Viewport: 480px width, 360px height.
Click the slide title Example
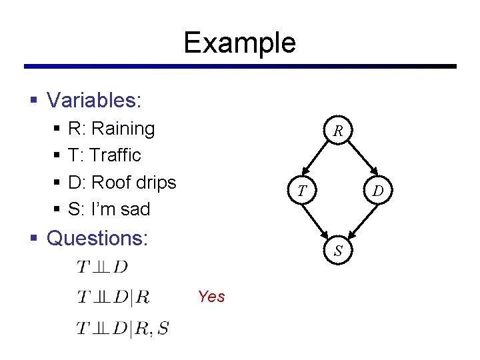pyautogui.click(x=239, y=43)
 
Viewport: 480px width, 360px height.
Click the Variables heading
pyautogui.click(x=94, y=101)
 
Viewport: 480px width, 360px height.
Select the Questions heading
pyautogui.click(x=97, y=238)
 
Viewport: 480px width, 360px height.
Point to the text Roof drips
pyautogui.click(x=133, y=182)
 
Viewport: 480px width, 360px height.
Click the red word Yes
pyautogui.click(x=211, y=297)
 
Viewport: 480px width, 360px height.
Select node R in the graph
pyautogui.click(x=339, y=131)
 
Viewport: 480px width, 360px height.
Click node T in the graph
pyautogui.click(x=302, y=191)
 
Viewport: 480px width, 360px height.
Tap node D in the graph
pyautogui.click(x=377, y=191)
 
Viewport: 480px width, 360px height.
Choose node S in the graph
pyautogui.click(x=339, y=251)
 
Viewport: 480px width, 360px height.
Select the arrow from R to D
pyautogui.click(x=358, y=161)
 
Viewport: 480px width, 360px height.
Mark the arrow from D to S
pyautogui.click(x=358, y=221)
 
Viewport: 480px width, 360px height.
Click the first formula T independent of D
pyautogui.click(x=102, y=267)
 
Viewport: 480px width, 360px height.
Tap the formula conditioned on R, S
pyautogui.click(x=122, y=327)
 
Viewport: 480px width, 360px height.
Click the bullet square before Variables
pyautogui.click(x=33, y=101)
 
